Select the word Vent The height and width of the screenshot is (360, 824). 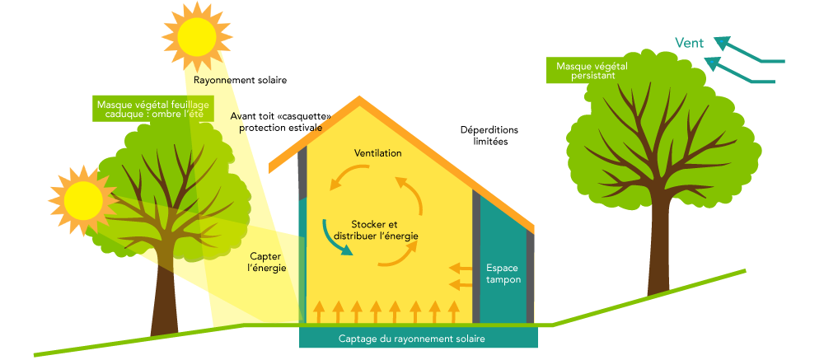[689, 44]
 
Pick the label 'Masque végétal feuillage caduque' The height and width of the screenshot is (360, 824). [152, 110]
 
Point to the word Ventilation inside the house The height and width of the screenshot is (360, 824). [377, 154]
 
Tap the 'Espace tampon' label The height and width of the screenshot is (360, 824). [503, 274]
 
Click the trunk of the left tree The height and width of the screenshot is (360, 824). [163, 297]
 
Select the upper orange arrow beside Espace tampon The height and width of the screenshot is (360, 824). [460, 268]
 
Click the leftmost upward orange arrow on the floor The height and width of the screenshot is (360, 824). [317, 311]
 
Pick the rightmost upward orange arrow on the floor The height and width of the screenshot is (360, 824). [452, 311]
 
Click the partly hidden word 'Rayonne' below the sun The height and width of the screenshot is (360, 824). [211, 81]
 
